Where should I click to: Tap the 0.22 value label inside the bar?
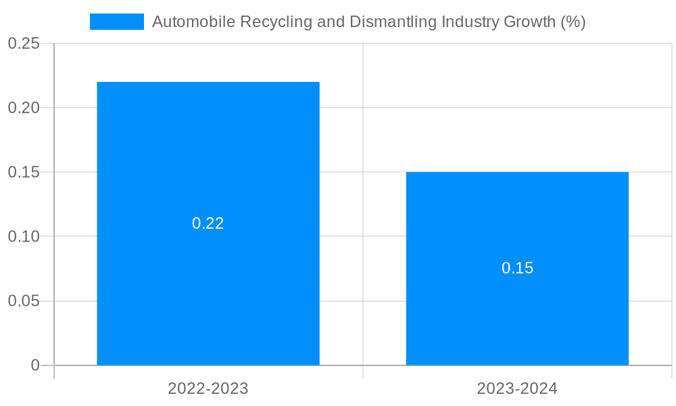coord(208,223)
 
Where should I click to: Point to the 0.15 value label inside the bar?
coord(517,268)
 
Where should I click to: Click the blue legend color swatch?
coord(117,22)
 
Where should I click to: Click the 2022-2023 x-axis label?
coord(208,388)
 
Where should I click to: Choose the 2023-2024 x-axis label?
coord(517,388)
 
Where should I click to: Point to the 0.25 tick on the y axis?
coord(24,43)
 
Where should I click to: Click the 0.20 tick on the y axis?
coord(24,108)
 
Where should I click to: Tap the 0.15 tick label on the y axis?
coord(24,172)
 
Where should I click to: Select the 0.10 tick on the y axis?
coord(24,236)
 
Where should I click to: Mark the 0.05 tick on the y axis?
coord(24,300)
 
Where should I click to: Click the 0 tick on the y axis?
coord(35,365)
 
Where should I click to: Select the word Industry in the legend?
coord(470,22)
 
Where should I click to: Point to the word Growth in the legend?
coord(531,22)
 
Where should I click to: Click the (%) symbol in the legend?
coord(573,22)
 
